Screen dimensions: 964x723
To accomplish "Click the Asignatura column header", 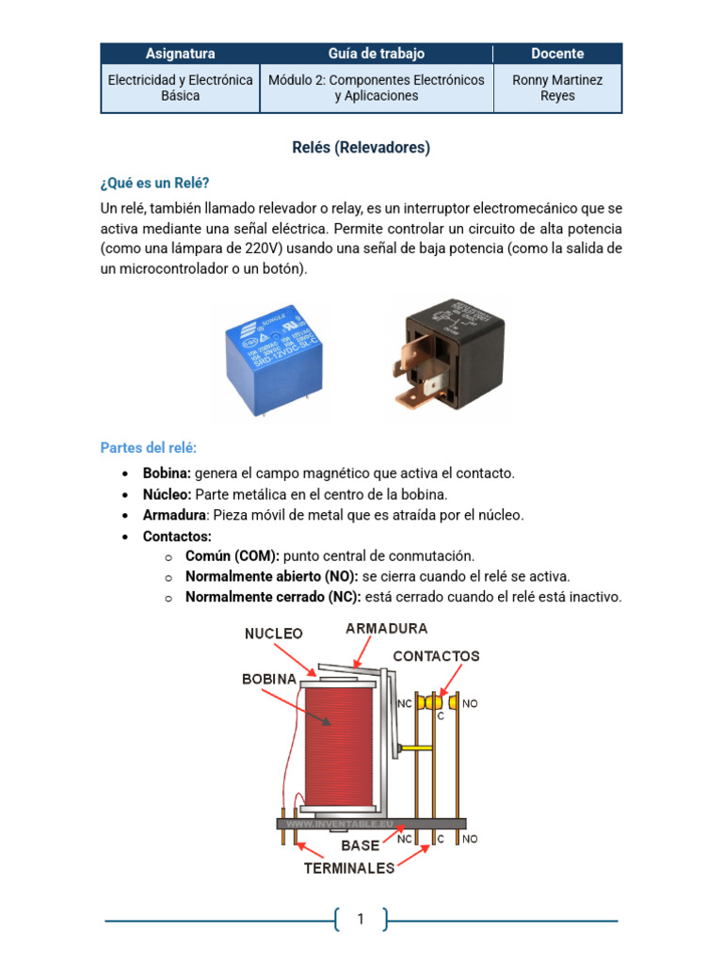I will [x=180, y=54].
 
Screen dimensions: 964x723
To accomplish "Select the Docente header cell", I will [x=557, y=54].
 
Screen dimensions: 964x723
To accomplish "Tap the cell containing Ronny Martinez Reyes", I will [x=557, y=88].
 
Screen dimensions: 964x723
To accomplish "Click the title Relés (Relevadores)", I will [x=361, y=148].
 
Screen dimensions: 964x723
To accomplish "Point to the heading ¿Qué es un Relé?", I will [x=155, y=182].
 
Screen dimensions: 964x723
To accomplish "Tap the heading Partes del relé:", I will [x=149, y=447].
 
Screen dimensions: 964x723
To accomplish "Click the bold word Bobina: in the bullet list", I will [x=167, y=474].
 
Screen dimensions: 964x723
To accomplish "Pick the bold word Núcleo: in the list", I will [x=167, y=494].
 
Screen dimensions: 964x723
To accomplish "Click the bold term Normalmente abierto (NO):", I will [x=271, y=576].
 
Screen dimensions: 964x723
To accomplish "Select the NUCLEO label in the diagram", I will [x=274, y=634].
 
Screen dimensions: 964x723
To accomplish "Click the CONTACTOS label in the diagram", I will [x=436, y=655].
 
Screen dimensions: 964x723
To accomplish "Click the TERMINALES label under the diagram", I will [x=349, y=868].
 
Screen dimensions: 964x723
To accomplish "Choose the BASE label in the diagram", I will [x=361, y=845].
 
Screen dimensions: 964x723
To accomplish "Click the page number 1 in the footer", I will [x=361, y=920].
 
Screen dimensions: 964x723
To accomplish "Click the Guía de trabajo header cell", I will [x=377, y=54].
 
